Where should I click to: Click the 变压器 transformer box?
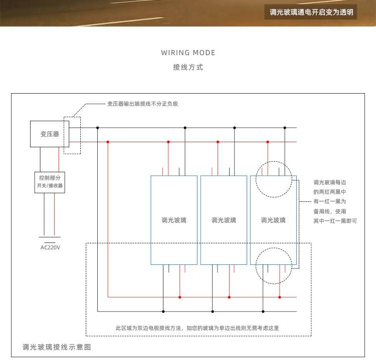click(x=50, y=134)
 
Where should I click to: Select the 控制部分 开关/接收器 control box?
click(x=50, y=182)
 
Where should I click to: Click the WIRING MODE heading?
click(x=188, y=53)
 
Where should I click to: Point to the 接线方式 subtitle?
click(x=188, y=67)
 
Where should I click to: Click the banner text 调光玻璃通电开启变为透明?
click(x=311, y=13)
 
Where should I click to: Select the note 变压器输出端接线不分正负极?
click(x=143, y=104)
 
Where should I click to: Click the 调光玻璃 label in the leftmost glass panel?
click(x=174, y=220)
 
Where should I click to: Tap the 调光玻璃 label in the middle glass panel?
click(x=224, y=220)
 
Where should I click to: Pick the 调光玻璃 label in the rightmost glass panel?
click(x=273, y=220)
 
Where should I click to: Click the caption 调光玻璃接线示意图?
click(x=57, y=346)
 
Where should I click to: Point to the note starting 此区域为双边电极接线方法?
click(x=197, y=328)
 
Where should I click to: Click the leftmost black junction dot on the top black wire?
click(x=98, y=128)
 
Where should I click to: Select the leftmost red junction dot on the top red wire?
click(x=108, y=142)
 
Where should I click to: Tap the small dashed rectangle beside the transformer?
click(x=72, y=135)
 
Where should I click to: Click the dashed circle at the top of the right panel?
click(x=273, y=179)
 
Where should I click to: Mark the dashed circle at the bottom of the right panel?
click(x=274, y=265)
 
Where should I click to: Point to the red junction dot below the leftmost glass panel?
click(x=180, y=297)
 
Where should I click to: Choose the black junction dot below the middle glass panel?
click(x=213, y=311)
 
